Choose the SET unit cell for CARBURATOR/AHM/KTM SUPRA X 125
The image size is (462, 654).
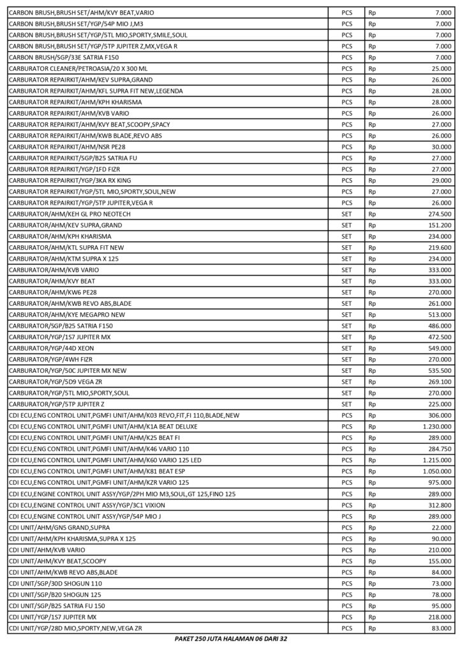[x=346, y=258]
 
